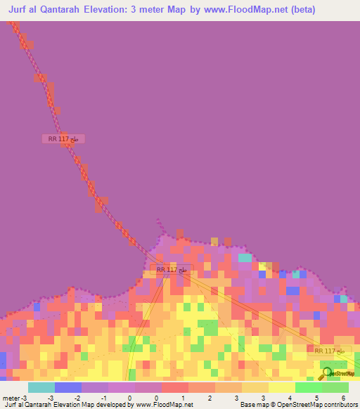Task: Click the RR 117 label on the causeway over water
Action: pyautogui.click(x=63, y=139)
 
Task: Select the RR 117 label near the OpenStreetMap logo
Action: pyautogui.click(x=329, y=351)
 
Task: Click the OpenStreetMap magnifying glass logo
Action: pyautogui.click(x=326, y=373)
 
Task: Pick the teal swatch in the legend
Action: pyautogui.click(x=41, y=387)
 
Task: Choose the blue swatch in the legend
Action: pyautogui.click(x=67, y=387)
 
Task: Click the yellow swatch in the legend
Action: pyautogui.click(x=281, y=387)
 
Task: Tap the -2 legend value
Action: pyautogui.click(x=77, y=398)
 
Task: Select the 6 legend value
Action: pyautogui.click(x=343, y=398)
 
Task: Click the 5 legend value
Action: pyautogui.click(x=316, y=398)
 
